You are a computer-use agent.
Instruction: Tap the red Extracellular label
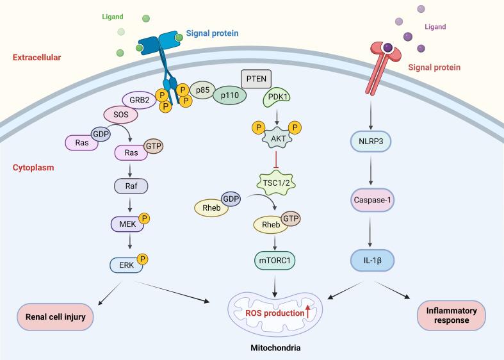37,58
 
